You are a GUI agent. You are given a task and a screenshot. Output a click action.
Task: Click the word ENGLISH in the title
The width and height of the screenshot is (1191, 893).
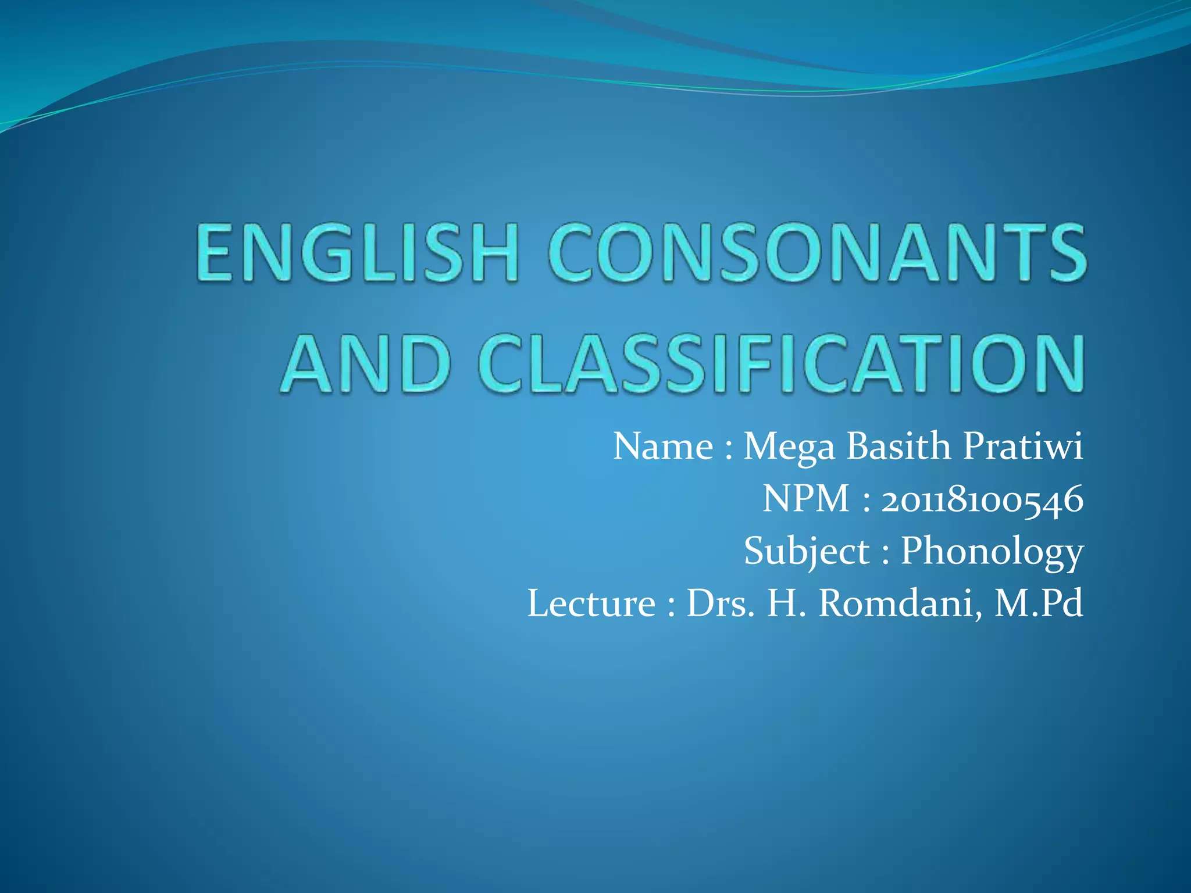[x=357, y=253]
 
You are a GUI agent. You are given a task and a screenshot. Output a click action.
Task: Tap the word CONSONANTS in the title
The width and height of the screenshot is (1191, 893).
[x=816, y=253]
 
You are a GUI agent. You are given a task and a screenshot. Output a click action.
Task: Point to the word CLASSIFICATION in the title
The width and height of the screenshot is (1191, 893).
[x=781, y=363]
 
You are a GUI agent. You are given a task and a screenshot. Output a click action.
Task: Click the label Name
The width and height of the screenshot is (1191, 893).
[x=663, y=446]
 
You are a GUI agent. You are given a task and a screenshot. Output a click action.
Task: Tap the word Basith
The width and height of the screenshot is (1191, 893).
[x=898, y=446]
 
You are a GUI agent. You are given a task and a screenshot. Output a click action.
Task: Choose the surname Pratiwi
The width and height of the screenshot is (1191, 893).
[x=1024, y=446]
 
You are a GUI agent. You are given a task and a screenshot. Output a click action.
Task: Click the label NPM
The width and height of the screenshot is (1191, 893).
[x=806, y=499]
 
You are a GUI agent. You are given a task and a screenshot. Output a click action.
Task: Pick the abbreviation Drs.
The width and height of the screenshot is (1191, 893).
[x=721, y=603]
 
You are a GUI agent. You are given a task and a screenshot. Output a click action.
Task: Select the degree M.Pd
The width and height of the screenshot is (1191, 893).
[x=1039, y=603]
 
